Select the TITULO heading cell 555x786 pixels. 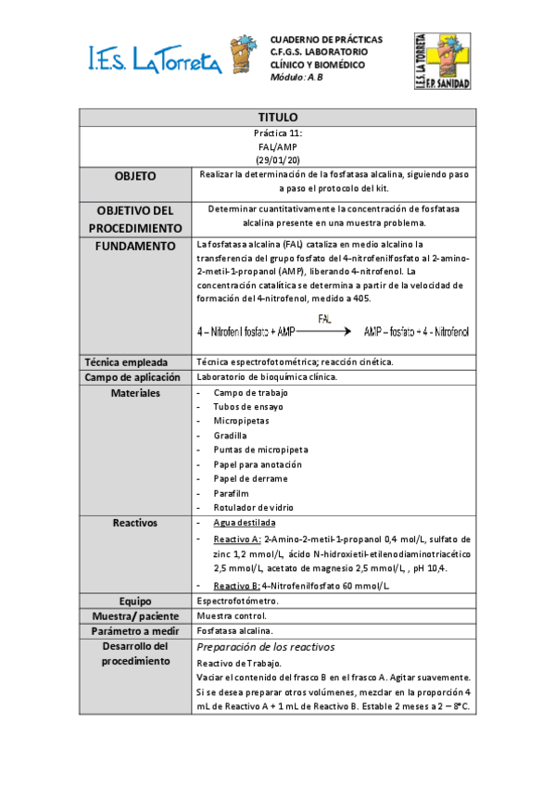point(276,118)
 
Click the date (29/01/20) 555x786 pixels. point(276,159)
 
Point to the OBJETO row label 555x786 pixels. point(135,176)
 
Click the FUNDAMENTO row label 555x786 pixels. point(135,246)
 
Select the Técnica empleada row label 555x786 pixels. point(135,362)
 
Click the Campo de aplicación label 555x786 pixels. point(135,377)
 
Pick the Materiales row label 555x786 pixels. point(135,393)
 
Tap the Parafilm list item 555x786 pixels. point(231,493)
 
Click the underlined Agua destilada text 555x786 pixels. point(245,524)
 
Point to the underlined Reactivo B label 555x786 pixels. point(236,586)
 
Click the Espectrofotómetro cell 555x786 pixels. point(238,601)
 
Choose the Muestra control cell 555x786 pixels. point(232,615)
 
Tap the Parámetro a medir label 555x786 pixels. point(135,630)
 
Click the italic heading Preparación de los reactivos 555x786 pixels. point(266,647)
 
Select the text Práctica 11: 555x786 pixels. point(276,133)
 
